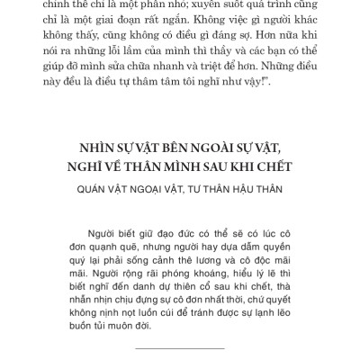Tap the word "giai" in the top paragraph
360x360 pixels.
coord(138,25)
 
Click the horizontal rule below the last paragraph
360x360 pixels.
coord(191,348)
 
